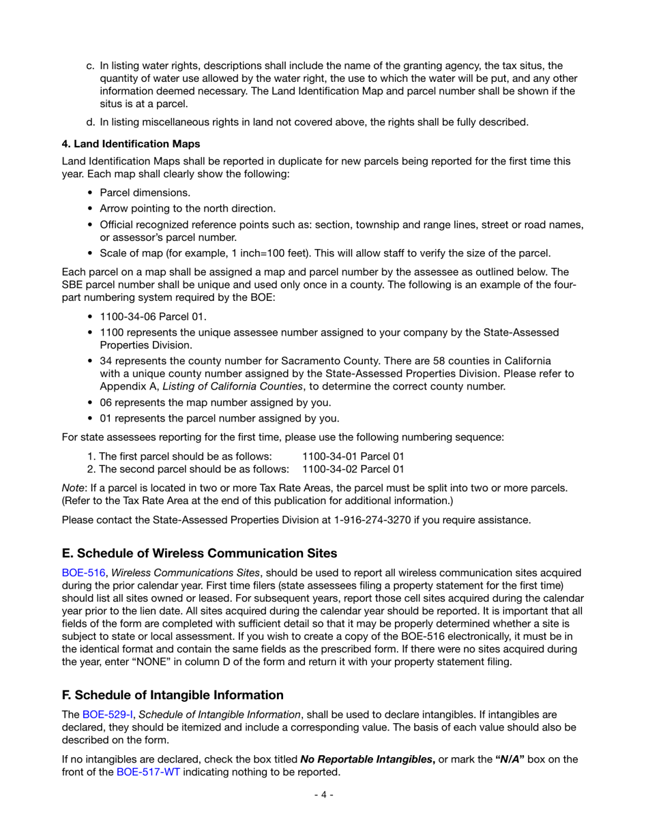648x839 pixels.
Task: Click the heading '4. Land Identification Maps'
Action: point(131,144)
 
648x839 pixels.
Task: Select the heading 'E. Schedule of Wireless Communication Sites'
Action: point(199,553)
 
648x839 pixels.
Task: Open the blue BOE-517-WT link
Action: point(148,772)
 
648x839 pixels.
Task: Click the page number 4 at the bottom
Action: point(323,795)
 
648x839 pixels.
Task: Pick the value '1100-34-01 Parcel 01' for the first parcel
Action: point(353,456)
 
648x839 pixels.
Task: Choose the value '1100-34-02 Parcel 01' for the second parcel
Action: point(353,469)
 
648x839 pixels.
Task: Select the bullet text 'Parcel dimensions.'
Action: point(145,193)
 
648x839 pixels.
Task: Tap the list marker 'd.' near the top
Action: point(91,123)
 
